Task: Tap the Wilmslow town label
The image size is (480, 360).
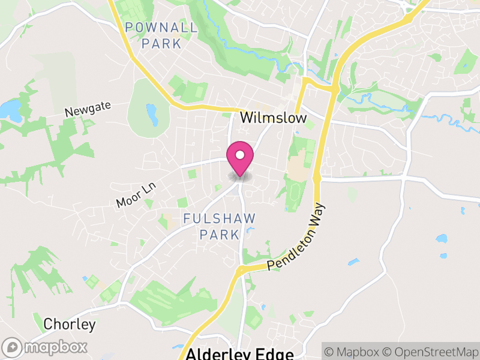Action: tap(273, 118)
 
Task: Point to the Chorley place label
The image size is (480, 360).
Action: tap(70, 325)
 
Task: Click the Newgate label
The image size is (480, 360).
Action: tap(88, 109)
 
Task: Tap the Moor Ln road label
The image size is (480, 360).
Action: tap(136, 196)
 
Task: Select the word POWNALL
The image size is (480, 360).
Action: tap(161, 28)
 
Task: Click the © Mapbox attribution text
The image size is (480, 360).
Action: tap(351, 352)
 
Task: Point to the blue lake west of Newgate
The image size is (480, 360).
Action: tap(11, 109)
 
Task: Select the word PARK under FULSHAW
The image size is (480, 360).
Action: tap(220, 234)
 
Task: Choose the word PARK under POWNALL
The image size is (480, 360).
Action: tap(161, 43)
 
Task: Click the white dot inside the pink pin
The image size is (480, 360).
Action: tap(240, 155)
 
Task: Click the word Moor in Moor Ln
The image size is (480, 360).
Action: tap(128, 199)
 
